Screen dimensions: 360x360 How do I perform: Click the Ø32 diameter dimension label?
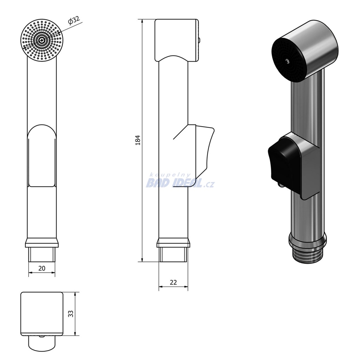coord(74,20)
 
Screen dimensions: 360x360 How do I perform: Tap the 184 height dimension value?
coord(138,140)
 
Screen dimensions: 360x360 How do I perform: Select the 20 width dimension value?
coord(42,268)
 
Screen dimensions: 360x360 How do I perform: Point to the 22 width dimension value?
coord(173,282)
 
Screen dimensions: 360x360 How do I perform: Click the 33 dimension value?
coord(71,314)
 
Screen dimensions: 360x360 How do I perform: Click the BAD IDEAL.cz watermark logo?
coord(180,184)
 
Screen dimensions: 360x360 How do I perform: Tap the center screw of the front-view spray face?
coord(41,40)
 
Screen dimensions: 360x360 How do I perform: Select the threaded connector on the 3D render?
coord(307,256)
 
